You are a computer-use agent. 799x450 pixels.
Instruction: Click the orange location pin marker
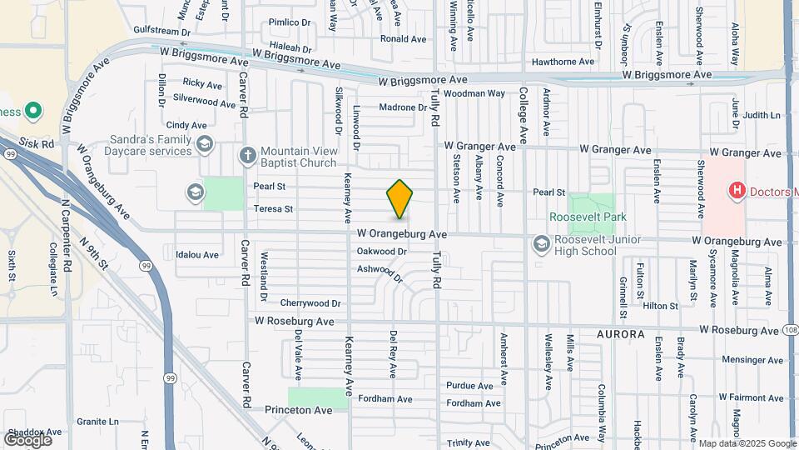click(x=400, y=199)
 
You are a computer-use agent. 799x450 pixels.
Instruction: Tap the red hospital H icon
click(x=737, y=191)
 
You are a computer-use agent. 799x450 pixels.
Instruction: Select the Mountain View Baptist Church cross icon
click(x=247, y=154)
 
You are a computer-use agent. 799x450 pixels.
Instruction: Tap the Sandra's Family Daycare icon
click(x=204, y=146)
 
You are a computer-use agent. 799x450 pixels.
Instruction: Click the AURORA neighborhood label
click(x=620, y=334)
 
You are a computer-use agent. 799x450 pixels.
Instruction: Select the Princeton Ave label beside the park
click(x=299, y=410)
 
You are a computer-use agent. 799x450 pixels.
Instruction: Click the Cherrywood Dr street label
click(x=311, y=303)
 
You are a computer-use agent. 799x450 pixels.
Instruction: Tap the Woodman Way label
click(x=475, y=93)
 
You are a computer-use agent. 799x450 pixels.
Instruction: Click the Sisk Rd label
click(x=37, y=143)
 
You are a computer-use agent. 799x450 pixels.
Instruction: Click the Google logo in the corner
click(x=28, y=438)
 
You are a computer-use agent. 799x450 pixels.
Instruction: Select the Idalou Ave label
click(x=197, y=254)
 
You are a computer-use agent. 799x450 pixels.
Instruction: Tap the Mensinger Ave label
click(x=753, y=361)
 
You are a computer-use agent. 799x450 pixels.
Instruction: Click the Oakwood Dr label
click(x=381, y=251)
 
